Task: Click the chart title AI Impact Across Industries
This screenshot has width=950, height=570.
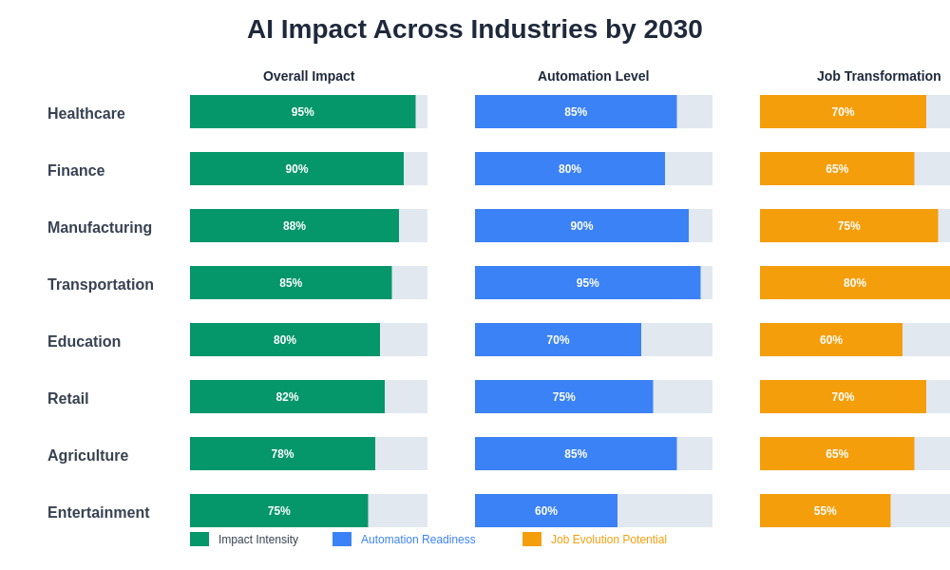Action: point(474,29)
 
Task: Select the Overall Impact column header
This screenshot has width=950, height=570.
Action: point(309,76)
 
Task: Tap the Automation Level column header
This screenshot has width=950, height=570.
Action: point(593,76)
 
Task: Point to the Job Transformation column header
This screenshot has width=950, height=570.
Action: point(879,76)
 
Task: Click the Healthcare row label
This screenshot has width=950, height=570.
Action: point(86,114)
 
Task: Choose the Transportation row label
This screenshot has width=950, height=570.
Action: point(101,285)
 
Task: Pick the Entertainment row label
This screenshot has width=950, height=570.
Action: point(99,513)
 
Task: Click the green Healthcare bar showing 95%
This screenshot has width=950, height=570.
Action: point(302,112)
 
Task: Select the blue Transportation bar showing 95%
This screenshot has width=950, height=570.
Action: point(587,283)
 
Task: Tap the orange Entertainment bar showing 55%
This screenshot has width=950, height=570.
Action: point(825,511)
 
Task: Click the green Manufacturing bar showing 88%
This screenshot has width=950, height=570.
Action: point(294,226)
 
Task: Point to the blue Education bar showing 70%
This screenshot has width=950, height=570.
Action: point(558,340)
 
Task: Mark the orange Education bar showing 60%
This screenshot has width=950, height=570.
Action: point(831,340)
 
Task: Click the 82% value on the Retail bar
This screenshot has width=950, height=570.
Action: point(287,397)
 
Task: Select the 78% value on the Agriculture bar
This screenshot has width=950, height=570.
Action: point(282,454)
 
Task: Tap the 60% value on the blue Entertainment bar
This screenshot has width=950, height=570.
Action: point(546,511)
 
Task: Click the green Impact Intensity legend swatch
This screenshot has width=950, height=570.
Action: point(199,540)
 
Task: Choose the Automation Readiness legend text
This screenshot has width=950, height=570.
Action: point(418,540)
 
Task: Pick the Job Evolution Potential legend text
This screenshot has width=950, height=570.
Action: point(609,540)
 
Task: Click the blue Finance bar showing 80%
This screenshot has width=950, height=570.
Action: point(570,169)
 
